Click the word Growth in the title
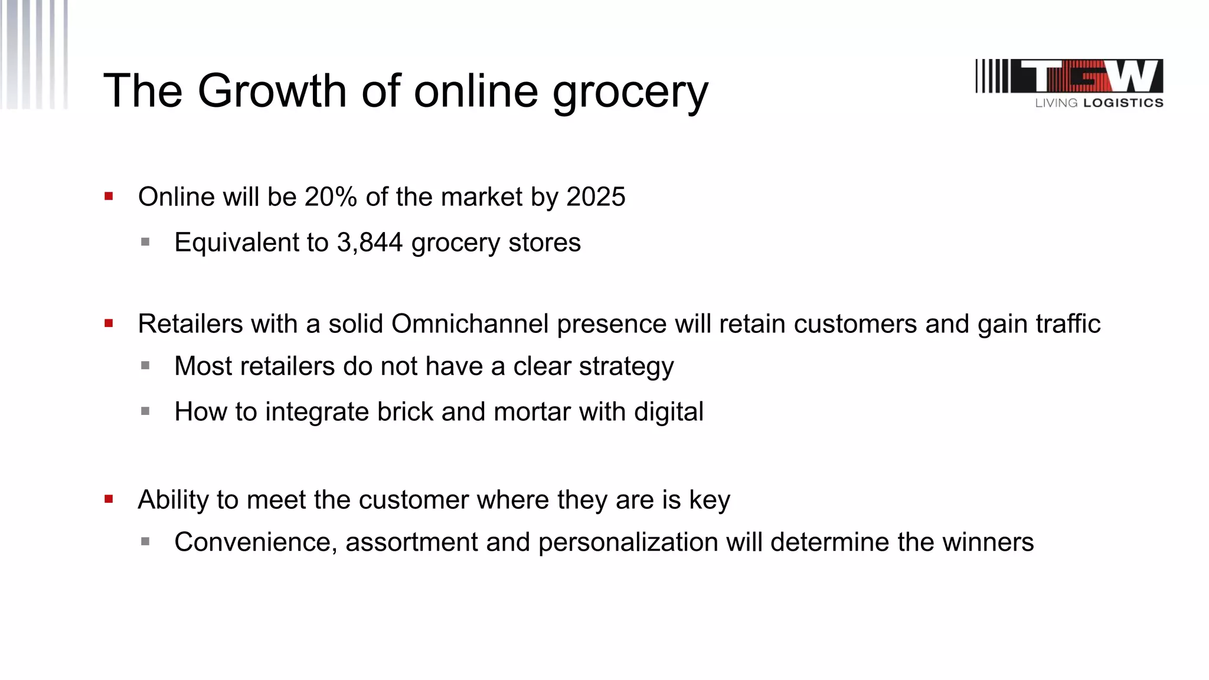coord(272,91)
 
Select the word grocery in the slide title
coord(630,93)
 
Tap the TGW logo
coord(1069,76)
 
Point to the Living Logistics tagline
coord(1099,103)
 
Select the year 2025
coord(596,197)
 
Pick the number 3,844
coord(370,243)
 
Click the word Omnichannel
coord(470,324)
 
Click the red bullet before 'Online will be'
coord(109,197)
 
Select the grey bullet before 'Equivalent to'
coord(145,241)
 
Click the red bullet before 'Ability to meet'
coord(109,499)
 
